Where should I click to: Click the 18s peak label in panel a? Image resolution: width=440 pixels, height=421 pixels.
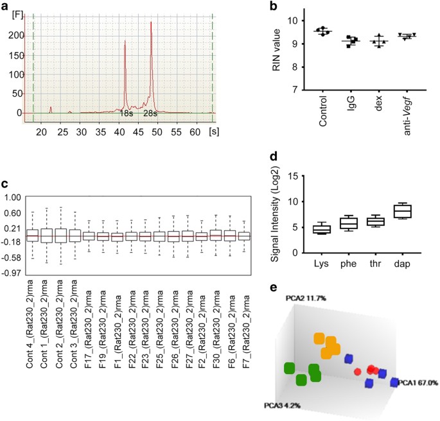click(x=126, y=113)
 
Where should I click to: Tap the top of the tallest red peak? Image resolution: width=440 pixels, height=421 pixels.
click(x=151, y=22)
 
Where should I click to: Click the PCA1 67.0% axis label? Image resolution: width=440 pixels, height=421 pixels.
click(x=418, y=382)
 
